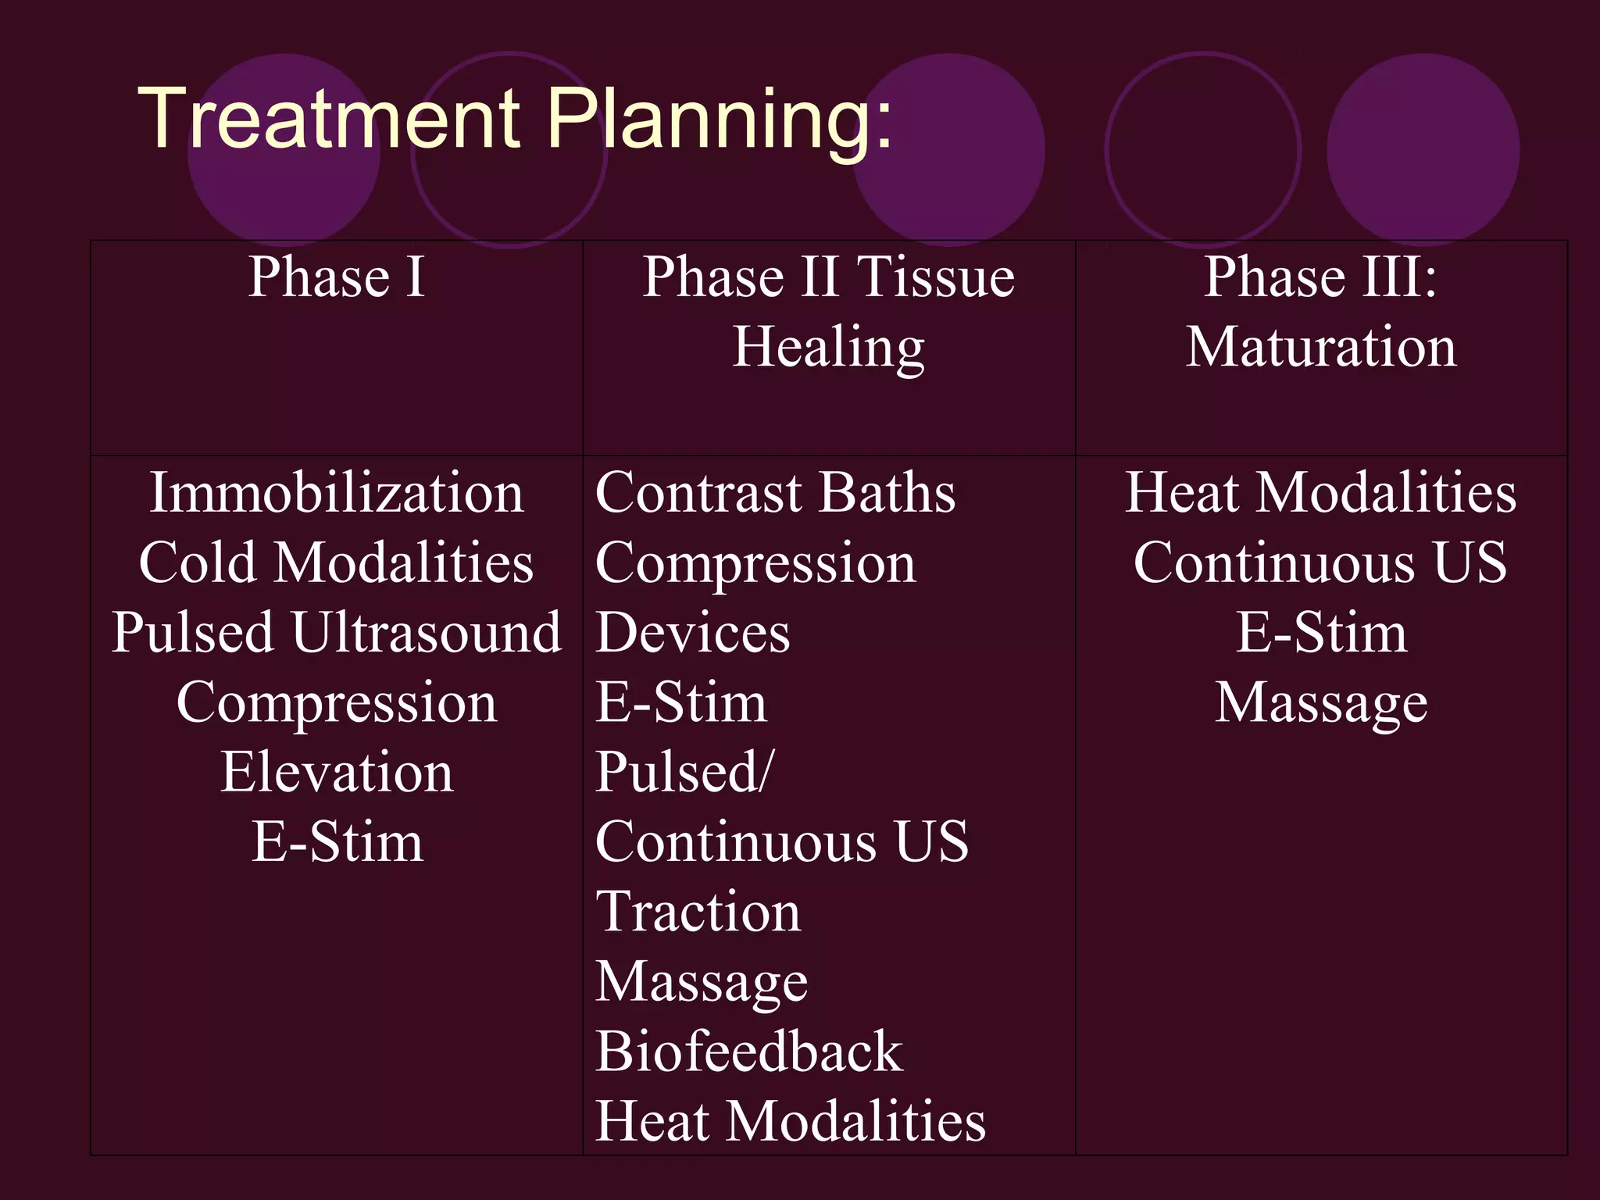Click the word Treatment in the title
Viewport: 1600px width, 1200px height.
coord(328,119)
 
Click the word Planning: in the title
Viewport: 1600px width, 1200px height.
coord(719,119)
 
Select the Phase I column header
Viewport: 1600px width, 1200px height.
coord(337,277)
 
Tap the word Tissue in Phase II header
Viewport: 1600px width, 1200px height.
coord(935,277)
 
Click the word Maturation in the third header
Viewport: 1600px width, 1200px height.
coord(1321,347)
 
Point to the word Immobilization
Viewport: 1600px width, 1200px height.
coord(337,493)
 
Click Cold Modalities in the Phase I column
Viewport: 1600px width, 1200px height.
coord(337,562)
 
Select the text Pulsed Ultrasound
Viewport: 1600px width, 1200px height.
coord(337,632)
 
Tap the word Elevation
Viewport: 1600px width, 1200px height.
coord(337,772)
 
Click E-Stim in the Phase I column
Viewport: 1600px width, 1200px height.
coord(337,842)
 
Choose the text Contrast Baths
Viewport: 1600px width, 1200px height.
coord(775,493)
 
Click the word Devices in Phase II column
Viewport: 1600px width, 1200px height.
coord(692,632)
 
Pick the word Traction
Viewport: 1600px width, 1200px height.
coord(698,912)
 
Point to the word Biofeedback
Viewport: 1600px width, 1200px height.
coord(748,1052)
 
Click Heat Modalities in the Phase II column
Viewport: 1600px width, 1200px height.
coord(790,1121)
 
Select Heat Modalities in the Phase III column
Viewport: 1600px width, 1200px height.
coord(1321,493)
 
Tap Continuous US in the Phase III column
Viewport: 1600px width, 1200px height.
coord(1321,562)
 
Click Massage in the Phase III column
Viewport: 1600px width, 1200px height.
coord(1321,702)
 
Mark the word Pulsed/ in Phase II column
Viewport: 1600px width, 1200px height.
coord(684,772)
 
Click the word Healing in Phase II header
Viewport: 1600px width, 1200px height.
coord(828,347)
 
